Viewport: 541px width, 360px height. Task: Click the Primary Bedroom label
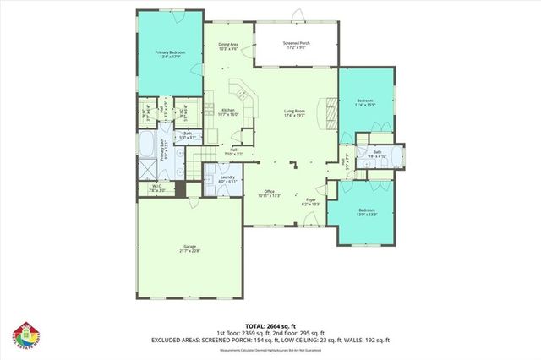(x=169, y=55)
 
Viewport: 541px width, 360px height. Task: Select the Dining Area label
(x=228, y=46)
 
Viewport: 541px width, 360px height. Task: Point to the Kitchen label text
(x=228, y=112)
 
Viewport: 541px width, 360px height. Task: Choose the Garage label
(x=189, y=248)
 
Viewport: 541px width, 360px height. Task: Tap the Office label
(x=269, y=194)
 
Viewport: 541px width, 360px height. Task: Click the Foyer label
(x=311, y=202)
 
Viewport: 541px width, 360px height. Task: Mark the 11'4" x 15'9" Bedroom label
(x=366, y=103)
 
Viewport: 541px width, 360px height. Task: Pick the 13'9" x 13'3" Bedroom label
(x=366, y=211)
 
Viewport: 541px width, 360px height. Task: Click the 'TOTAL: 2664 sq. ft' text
(x=270, y=325)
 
